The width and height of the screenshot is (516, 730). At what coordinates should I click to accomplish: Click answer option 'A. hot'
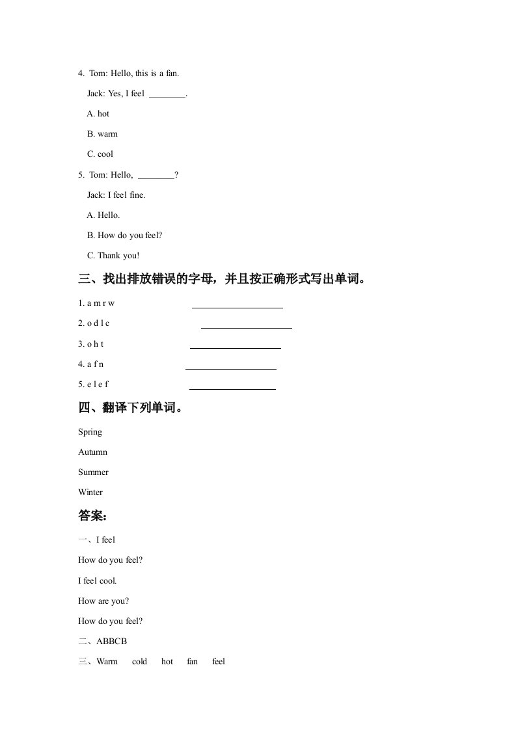(x=98, y=114)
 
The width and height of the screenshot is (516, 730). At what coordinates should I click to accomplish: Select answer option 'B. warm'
(x=102, y=134)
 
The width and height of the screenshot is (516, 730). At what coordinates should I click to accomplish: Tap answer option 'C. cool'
(x=100, y=154)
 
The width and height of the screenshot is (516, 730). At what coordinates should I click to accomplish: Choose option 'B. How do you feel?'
(x=124, y=236)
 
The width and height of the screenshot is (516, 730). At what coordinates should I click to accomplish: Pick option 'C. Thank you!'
(x=113, y=256)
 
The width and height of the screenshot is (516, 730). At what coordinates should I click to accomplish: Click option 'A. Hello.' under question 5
(x=103, y=215)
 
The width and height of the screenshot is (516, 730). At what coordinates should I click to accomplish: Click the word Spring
(x=90, y=432)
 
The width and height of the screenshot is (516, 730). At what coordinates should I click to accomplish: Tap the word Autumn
(x=92, y=452)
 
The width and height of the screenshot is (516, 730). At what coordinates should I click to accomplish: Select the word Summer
(x=93, y=472)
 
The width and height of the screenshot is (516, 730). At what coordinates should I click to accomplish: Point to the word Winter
(x=90, y=493)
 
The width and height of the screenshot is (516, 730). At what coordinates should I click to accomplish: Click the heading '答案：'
(x=92, y=517)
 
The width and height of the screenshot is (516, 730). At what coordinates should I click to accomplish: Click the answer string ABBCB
(x=111, y=642)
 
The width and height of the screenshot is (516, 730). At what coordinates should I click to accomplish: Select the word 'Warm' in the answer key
(x=107, y=662)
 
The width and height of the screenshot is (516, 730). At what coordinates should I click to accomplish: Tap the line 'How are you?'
(x=103, y=601)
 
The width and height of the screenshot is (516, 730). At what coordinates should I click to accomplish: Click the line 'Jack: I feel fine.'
(x=116, y=195)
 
